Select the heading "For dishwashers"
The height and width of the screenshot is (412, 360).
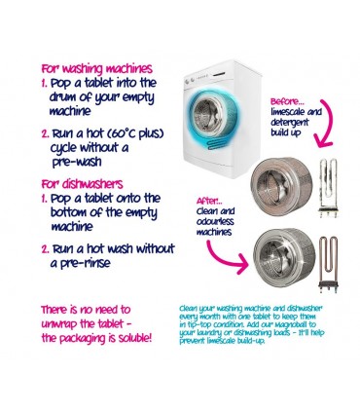coord(81,182)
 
